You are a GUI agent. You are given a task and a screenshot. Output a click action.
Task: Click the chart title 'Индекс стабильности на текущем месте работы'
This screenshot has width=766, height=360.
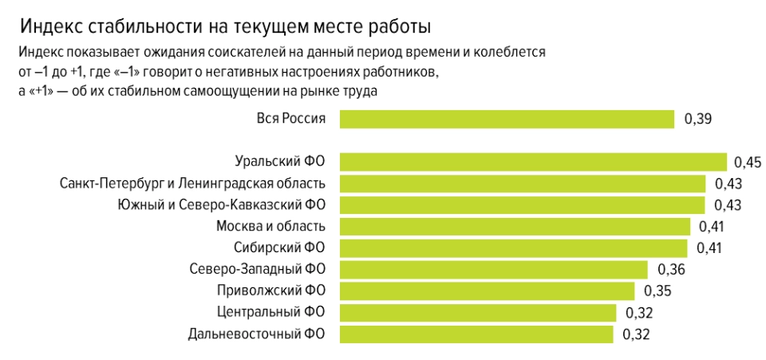(x=226, y=26)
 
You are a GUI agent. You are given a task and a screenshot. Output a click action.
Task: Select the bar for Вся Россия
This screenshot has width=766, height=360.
(x=507, y=119)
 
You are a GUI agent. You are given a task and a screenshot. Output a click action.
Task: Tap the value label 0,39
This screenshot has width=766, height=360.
(x=697, y=120)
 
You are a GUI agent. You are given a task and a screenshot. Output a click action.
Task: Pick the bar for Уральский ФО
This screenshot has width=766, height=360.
(x=533, y=162)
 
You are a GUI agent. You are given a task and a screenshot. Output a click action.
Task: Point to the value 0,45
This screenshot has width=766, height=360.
(x=748, y=163)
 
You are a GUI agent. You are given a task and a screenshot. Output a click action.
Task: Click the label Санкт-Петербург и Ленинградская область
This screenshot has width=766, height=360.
(x=193, y=184)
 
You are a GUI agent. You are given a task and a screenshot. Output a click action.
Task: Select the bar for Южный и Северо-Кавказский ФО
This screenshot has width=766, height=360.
(x=522, y=204)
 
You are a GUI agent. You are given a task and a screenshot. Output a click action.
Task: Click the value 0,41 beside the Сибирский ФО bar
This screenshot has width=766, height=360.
(x=709, y=247)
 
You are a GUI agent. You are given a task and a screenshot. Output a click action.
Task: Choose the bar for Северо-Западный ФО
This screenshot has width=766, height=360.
(x=493, y=269)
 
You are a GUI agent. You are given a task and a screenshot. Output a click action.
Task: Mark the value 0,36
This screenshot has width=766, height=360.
(x=671, y=269)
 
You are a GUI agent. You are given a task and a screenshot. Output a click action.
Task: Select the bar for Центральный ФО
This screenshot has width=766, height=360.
(x=477, y=312)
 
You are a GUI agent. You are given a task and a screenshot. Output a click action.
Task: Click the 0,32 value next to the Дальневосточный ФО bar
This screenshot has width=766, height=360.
(x=638, y=334)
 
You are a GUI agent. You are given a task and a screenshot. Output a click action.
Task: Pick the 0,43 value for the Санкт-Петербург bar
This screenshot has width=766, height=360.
(x=728, y=184)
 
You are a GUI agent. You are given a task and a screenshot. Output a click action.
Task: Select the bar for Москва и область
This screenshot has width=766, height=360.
(x=515, y=226)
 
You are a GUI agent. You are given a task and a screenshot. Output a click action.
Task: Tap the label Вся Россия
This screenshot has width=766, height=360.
(x=291, y=119)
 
